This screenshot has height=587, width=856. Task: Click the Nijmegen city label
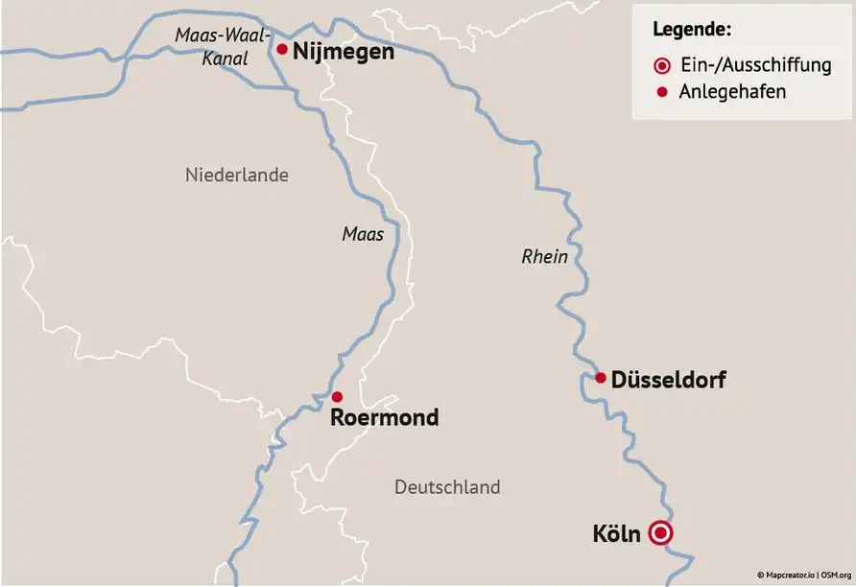(343, 51)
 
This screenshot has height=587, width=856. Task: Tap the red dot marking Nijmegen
(282, 49)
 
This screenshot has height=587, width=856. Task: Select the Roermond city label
(384, 417)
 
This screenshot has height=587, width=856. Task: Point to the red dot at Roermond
(337, 396)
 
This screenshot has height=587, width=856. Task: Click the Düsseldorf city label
(668, 380)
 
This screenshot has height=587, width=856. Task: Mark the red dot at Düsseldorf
(601, 378)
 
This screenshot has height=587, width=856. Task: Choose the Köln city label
(616, 533)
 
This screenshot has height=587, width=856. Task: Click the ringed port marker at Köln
(660, 533)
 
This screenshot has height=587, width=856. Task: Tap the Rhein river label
(545, 257)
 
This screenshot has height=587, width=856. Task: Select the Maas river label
(363, 234)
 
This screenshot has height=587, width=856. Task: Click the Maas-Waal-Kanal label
(212, 47)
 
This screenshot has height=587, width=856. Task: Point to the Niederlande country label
(236, 176)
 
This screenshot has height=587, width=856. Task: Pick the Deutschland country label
(447, 487)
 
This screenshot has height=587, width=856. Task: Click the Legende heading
(692, 29)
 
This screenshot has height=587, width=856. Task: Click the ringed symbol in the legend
(661, 66)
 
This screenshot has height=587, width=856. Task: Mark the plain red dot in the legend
(661, 92)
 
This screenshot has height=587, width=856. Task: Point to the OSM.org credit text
(837, 575)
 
